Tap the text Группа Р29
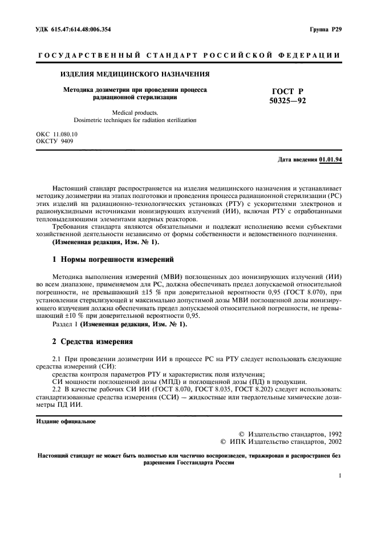click(x=325, y=29)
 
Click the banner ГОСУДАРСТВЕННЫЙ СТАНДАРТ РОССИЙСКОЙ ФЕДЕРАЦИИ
click(x=189, y=55)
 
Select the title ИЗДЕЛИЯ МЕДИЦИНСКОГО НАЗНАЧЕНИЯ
click(x=135, y=74)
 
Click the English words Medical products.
click(x=135, y=113)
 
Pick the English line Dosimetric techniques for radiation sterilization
click(x=135, y=120)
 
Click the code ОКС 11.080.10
click(x=57, y=134)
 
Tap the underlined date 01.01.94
click(x=330, y=160)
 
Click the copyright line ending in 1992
click(x=289, y=434)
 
